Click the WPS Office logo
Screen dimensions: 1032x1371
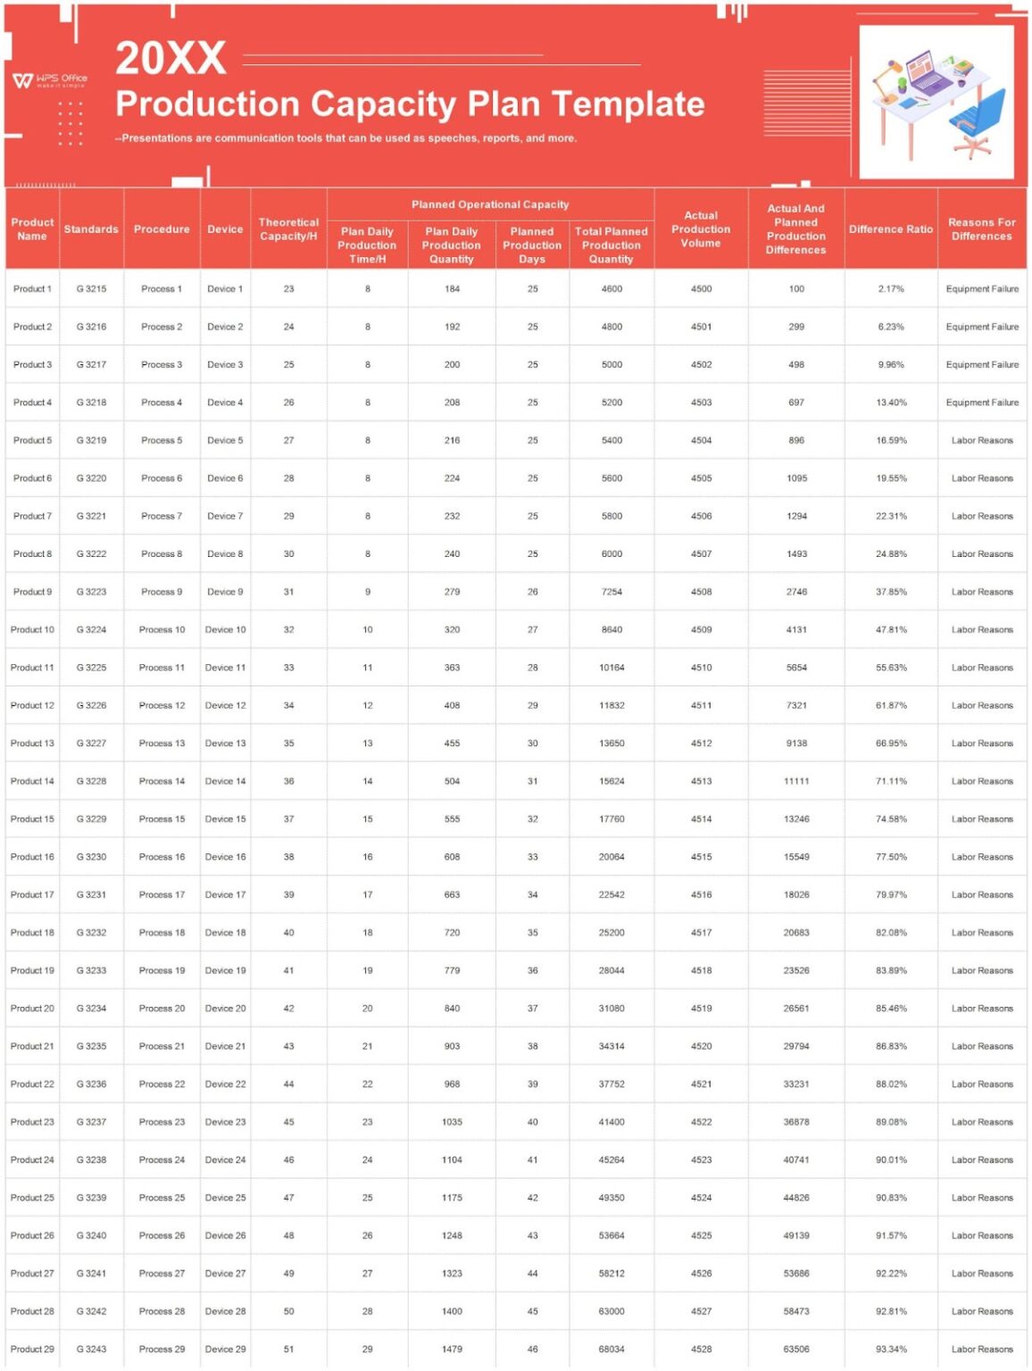coord(50,80)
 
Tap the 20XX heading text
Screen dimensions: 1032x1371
coord(171,58)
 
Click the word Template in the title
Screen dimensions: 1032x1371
coord(629,104)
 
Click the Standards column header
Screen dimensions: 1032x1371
coord(91,229)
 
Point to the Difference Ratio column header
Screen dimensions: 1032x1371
coord(890,229)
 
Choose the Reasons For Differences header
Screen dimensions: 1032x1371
coord(981,229)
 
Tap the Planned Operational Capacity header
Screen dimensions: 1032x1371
coord(489,204)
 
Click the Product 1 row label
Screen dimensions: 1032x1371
coord(32,289)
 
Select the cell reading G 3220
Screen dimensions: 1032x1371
coord(91,478)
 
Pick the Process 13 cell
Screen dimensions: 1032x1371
coord(162,744)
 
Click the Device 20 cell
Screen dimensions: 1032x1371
coord(225,1009)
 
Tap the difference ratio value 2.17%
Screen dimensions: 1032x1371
coord(891,289)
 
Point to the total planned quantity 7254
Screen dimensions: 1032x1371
coord(612,592)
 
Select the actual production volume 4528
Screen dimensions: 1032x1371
coord(701,1350)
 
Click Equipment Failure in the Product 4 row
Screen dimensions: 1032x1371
coord(982,403)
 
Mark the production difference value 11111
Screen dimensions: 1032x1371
coord(796,781)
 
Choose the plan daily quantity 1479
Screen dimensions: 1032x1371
coord(452,1350)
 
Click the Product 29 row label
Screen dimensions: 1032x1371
coord(32,1350)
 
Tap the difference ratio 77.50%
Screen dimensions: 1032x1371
coord(891,857)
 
